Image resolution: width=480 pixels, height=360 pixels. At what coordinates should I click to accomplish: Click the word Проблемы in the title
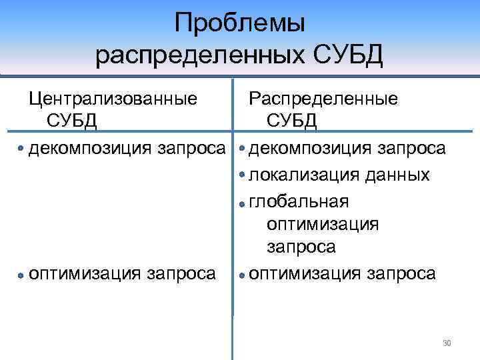[x=239, y=24]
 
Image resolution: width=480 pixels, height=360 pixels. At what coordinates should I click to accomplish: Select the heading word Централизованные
[x=113, y=99]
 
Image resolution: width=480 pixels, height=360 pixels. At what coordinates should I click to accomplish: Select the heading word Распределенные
[x=323, y=99]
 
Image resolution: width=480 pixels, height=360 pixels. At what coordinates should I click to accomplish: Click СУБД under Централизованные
[x=71, y=121]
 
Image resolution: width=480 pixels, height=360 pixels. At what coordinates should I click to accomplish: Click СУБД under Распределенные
[x=292, y=121]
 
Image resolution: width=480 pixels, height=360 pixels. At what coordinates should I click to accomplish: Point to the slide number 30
[x=447, y=343]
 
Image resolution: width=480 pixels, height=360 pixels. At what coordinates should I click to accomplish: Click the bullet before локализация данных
[x=241, y=175]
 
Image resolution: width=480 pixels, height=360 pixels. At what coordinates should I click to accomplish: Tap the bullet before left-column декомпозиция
[x=22, y=148]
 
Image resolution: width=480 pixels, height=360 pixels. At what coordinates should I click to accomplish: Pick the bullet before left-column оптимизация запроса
[x=21, y=275]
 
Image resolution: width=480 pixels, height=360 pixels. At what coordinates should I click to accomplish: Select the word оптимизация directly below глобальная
[x=322, y=223]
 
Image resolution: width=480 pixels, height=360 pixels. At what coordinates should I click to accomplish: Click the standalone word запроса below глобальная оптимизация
[x=301, y=247]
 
